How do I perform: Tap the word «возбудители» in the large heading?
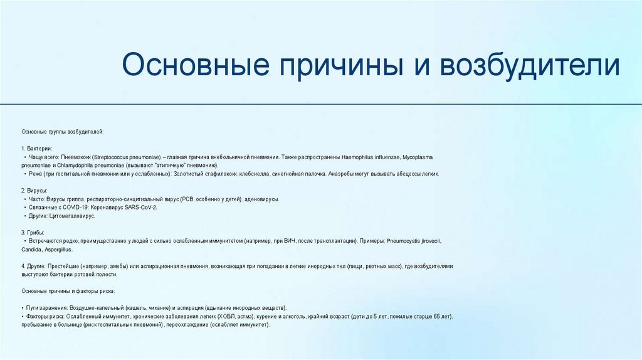coord(530,66)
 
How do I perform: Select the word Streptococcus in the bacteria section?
coord(115,156)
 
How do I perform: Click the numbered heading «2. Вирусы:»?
coord(34,190)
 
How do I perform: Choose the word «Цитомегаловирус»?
coord(71,216)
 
